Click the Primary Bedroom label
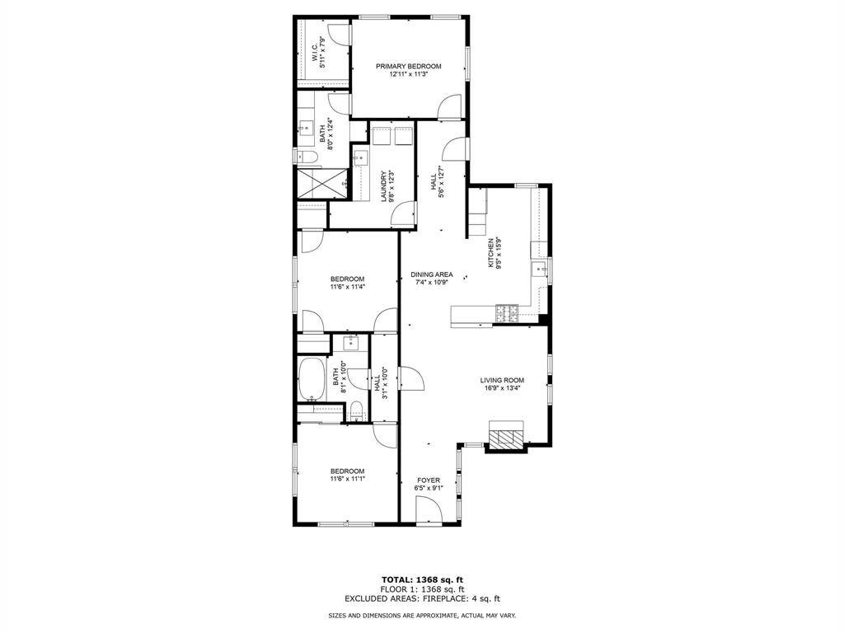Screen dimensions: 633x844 (409, 66)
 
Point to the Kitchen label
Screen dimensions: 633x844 (491, 251)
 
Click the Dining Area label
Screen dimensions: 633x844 (432, 274)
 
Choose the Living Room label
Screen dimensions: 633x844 (502, 380)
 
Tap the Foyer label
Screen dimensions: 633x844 (429, 480)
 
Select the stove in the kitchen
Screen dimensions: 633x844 (506, 313)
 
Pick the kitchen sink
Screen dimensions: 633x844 (542, 270)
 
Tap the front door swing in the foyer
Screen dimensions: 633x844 (428, 512)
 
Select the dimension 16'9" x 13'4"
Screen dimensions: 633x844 (502, 388)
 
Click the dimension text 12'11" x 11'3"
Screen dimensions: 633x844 (409, 74)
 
